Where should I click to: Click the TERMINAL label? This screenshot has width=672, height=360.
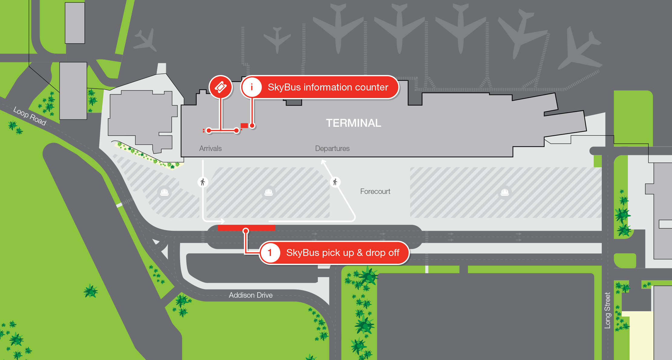(353, 123)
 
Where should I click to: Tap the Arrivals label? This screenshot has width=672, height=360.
(210, 149)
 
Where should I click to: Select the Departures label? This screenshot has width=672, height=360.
(332, 149)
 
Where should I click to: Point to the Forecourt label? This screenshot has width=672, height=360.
(375, 191)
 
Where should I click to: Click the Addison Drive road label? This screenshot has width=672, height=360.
(251, 295)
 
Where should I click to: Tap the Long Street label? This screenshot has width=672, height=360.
(607, 310)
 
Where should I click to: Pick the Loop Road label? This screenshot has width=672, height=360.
(29, 116)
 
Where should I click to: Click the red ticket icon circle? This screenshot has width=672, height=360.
(221, 87)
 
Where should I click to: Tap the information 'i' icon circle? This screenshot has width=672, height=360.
(252, 87)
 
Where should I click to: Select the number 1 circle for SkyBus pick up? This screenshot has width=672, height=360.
(270, 253)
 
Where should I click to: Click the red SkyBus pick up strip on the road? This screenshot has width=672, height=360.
(246, 228)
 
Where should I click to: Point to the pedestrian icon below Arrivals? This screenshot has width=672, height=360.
(203, 182)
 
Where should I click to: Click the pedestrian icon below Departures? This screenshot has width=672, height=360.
(335, 182)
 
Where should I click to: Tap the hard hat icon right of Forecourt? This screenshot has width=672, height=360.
(505, 192)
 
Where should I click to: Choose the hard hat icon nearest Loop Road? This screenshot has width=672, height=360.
(164, 192)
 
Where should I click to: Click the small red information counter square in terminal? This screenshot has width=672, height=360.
(244, 126)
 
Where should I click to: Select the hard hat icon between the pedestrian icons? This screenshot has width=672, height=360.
(268, 192)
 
